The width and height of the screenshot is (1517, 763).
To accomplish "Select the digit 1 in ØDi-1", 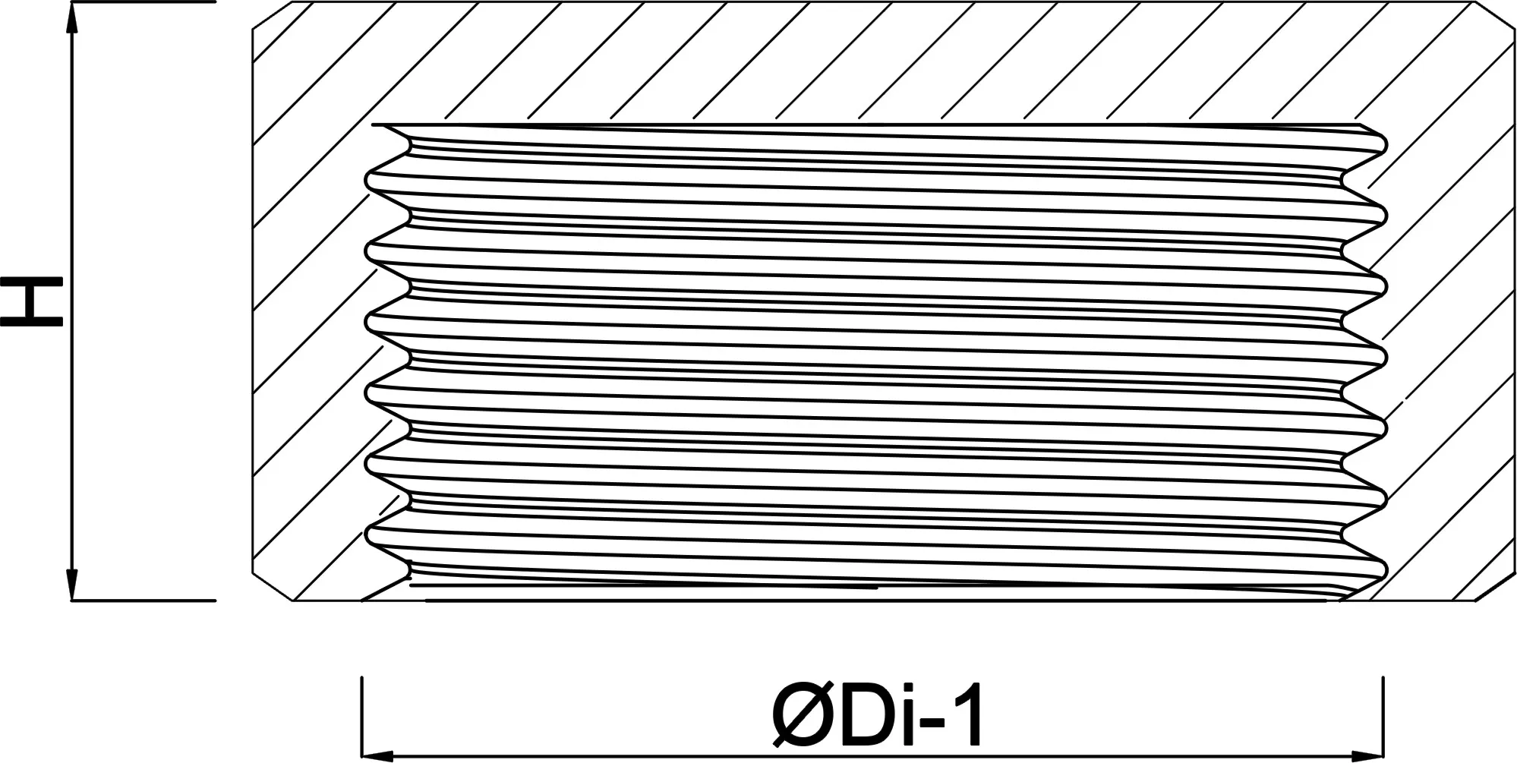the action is pos(967,714).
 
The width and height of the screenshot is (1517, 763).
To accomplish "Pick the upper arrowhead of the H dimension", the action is pos(72,20).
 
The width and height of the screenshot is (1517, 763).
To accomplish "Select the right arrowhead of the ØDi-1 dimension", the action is pos(1367,756).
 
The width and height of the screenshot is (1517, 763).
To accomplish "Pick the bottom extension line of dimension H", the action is pos(143,601).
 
